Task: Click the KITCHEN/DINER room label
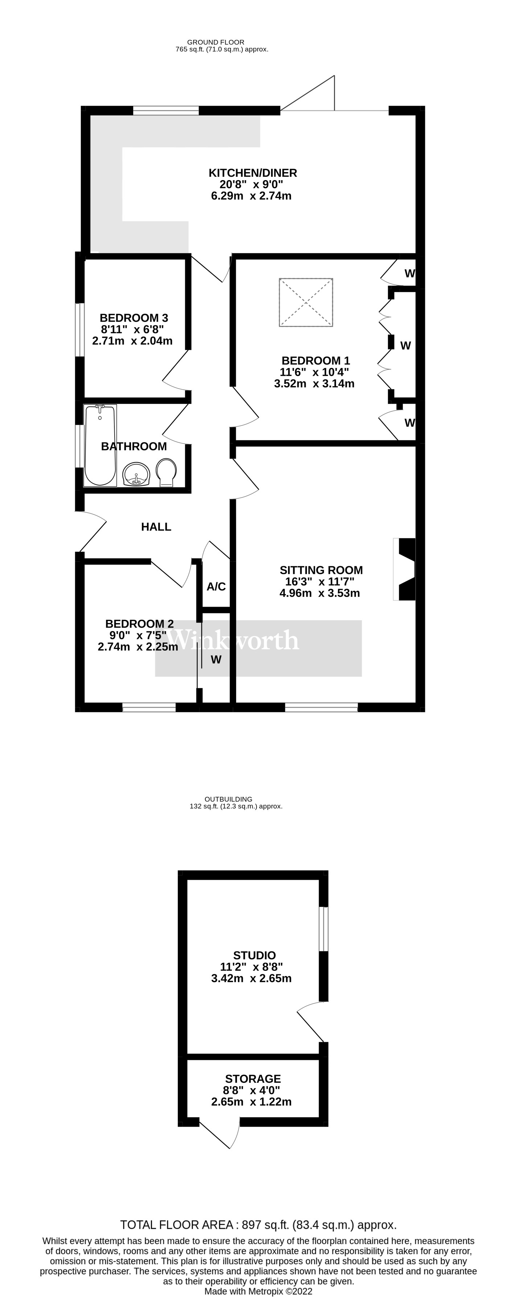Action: pos(253,173)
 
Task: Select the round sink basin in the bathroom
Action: pos(136,474)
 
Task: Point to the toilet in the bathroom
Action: pos(166,472)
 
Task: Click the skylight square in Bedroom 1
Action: pos(306,302)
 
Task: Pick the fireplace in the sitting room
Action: pos(406,569)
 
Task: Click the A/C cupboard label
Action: pos(216,587)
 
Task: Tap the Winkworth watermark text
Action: pos(233,641)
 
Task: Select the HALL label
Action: pos(156,527)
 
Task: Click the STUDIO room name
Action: pos(254,955)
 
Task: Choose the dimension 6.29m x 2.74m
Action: pos(251,196)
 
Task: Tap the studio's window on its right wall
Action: pos(324,929)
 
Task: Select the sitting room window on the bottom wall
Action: pos(321,708)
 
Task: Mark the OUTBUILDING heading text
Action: pos(228,799)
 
